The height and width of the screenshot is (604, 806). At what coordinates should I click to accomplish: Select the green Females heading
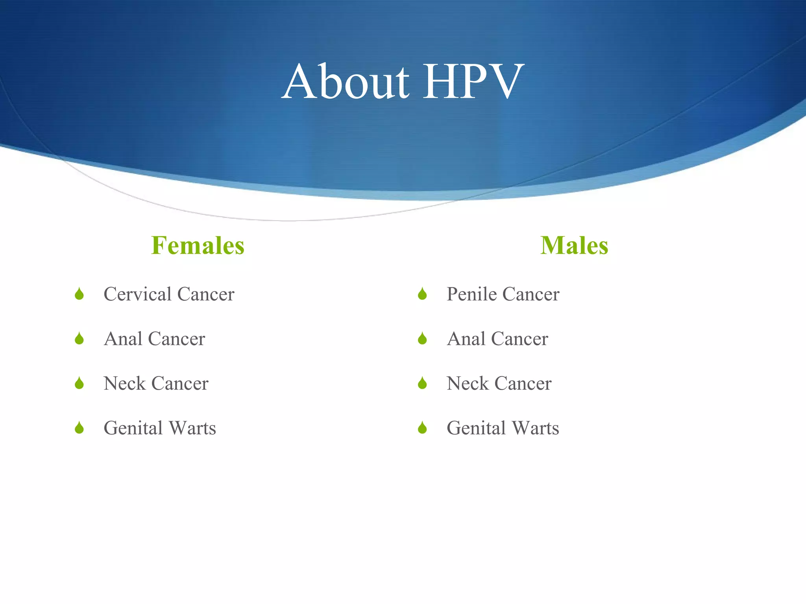click(198, 245)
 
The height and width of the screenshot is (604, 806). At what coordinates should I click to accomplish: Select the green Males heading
click(574, 245)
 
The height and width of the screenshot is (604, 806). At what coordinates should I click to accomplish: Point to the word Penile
click(471, 294)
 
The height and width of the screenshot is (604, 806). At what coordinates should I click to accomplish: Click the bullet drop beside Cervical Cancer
click(79, 294)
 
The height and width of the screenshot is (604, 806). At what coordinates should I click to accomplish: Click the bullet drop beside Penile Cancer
click(422, 294)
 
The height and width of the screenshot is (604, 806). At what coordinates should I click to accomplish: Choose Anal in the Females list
click(123, 339)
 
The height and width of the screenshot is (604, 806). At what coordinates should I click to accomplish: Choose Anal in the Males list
click(466, 339)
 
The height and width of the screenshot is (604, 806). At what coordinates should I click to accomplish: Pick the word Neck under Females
click(124, 383)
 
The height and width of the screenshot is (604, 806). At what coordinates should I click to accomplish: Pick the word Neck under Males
click(468, 383)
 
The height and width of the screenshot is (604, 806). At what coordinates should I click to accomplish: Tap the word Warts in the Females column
click(193, 428)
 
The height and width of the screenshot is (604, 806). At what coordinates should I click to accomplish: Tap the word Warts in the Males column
click(536, 428)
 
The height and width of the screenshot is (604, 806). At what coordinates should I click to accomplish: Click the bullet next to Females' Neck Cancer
click(79, 383)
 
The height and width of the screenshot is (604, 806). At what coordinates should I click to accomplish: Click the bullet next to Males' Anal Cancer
click(422, 339)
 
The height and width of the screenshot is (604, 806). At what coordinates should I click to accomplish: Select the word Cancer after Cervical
click(205, 294)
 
